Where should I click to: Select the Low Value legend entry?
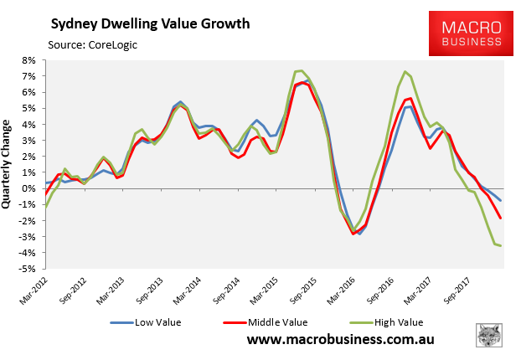(154, 321)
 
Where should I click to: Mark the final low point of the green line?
(501, 245)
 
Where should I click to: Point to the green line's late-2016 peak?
(405, 71)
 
